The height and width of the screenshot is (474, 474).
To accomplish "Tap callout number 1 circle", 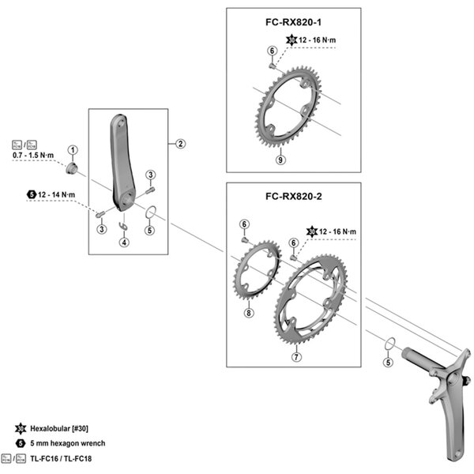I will pos(72,149).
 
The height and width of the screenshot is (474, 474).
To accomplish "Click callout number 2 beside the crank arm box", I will pos(180,144).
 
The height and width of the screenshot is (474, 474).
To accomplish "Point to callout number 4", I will pos(124,242).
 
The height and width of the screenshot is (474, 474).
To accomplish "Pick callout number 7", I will pos(295,357).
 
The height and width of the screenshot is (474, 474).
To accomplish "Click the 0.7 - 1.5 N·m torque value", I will pos(34,157).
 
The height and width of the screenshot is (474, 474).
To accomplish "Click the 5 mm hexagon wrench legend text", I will pos(66,443).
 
